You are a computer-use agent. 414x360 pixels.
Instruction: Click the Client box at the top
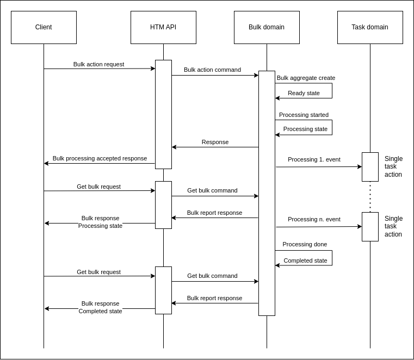[44, 27]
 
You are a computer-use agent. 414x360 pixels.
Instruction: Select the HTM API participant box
[163, 27]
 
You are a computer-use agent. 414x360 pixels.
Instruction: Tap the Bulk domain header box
[267, 27]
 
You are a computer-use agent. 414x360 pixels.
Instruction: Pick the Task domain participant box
[370, 27]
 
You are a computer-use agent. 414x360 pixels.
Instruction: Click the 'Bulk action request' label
[98, 64]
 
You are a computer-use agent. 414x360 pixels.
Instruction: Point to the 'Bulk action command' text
[212, 70]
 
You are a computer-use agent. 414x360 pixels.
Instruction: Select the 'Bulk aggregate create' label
[306, 78]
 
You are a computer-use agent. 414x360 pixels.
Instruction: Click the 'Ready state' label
[304, 93]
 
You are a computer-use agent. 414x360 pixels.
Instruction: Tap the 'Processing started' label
[304, 115]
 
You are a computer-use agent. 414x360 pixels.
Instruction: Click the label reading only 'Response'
[215, 142]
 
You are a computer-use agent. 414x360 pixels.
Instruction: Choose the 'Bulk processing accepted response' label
[100, 158]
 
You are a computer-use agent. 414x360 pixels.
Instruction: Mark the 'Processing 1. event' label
[314, 159]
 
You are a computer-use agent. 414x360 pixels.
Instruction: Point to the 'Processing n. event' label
[314, 219]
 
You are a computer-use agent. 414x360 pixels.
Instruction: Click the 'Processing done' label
[305, 244]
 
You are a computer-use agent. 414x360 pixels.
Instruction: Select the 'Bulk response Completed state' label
[100, 307]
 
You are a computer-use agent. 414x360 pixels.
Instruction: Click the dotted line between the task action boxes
[370, 197]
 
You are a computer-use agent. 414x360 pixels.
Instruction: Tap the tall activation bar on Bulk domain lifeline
[267, 193]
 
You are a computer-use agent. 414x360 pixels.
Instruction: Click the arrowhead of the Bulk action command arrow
[256, 76]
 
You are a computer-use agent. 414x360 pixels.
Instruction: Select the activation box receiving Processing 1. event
[370, 167]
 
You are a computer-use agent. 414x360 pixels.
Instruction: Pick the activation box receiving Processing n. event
[370, 227]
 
